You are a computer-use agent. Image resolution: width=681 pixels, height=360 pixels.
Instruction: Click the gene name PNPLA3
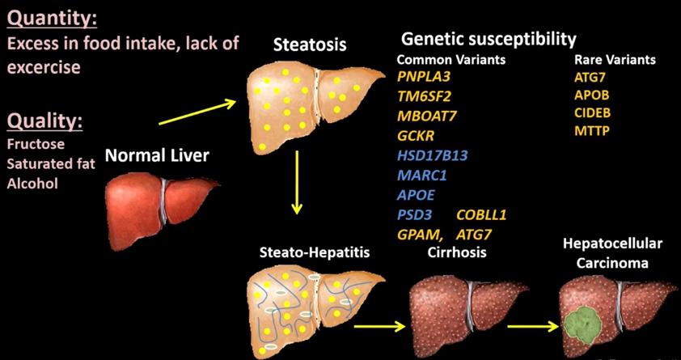pos(424,77)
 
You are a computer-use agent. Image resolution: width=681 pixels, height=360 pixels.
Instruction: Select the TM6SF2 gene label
pos(424,96)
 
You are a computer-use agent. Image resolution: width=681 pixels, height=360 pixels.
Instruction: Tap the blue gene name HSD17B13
pos(432,155)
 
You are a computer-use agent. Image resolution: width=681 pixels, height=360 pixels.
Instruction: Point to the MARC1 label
pos(421,176)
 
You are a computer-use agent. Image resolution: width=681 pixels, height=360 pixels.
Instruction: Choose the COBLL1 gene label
pos(482,215)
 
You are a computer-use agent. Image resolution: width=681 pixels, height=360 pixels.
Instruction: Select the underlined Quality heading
pos(44,122)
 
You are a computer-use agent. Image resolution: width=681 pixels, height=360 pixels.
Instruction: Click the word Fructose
pos(36,144)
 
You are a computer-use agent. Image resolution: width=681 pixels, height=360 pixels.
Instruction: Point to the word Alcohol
pos(32,184)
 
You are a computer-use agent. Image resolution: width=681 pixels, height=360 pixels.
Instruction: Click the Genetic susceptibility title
pos(489,40)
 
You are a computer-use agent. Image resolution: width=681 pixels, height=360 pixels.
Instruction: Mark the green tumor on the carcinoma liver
pos(584,325)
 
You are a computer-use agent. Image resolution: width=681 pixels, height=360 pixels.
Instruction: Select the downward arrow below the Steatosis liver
pos(297,182)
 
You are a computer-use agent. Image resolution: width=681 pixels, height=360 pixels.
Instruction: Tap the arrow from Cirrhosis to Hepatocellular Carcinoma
pos(533,326)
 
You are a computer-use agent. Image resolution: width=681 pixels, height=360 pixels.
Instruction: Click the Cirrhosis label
pos(456,252)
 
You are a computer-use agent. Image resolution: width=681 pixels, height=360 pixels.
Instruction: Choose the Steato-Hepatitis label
pos(315,252)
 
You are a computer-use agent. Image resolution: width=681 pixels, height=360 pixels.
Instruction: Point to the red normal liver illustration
pos(161,209)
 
